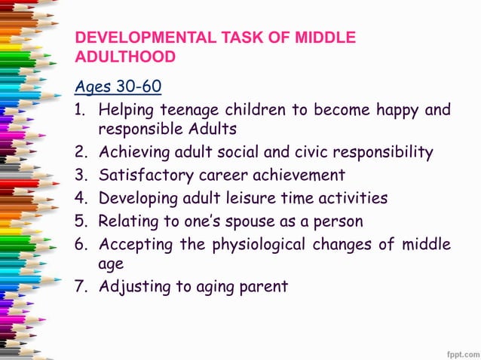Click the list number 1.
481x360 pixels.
click(80, 110)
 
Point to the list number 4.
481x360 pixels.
click(80, 198)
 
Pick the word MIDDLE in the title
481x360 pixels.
click(323, 38)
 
